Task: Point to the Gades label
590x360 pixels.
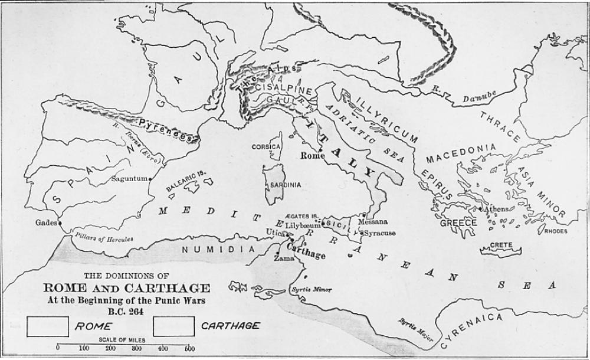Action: click(46, 222)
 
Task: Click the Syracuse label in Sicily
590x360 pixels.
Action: click(380, 233)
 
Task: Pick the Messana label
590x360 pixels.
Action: click(373, 221)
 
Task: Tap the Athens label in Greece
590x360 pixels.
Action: click(495, 209)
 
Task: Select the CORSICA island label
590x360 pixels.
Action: click(265, 146)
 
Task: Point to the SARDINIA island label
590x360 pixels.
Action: click(285, 185)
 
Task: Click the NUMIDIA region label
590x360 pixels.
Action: click(212, 249)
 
